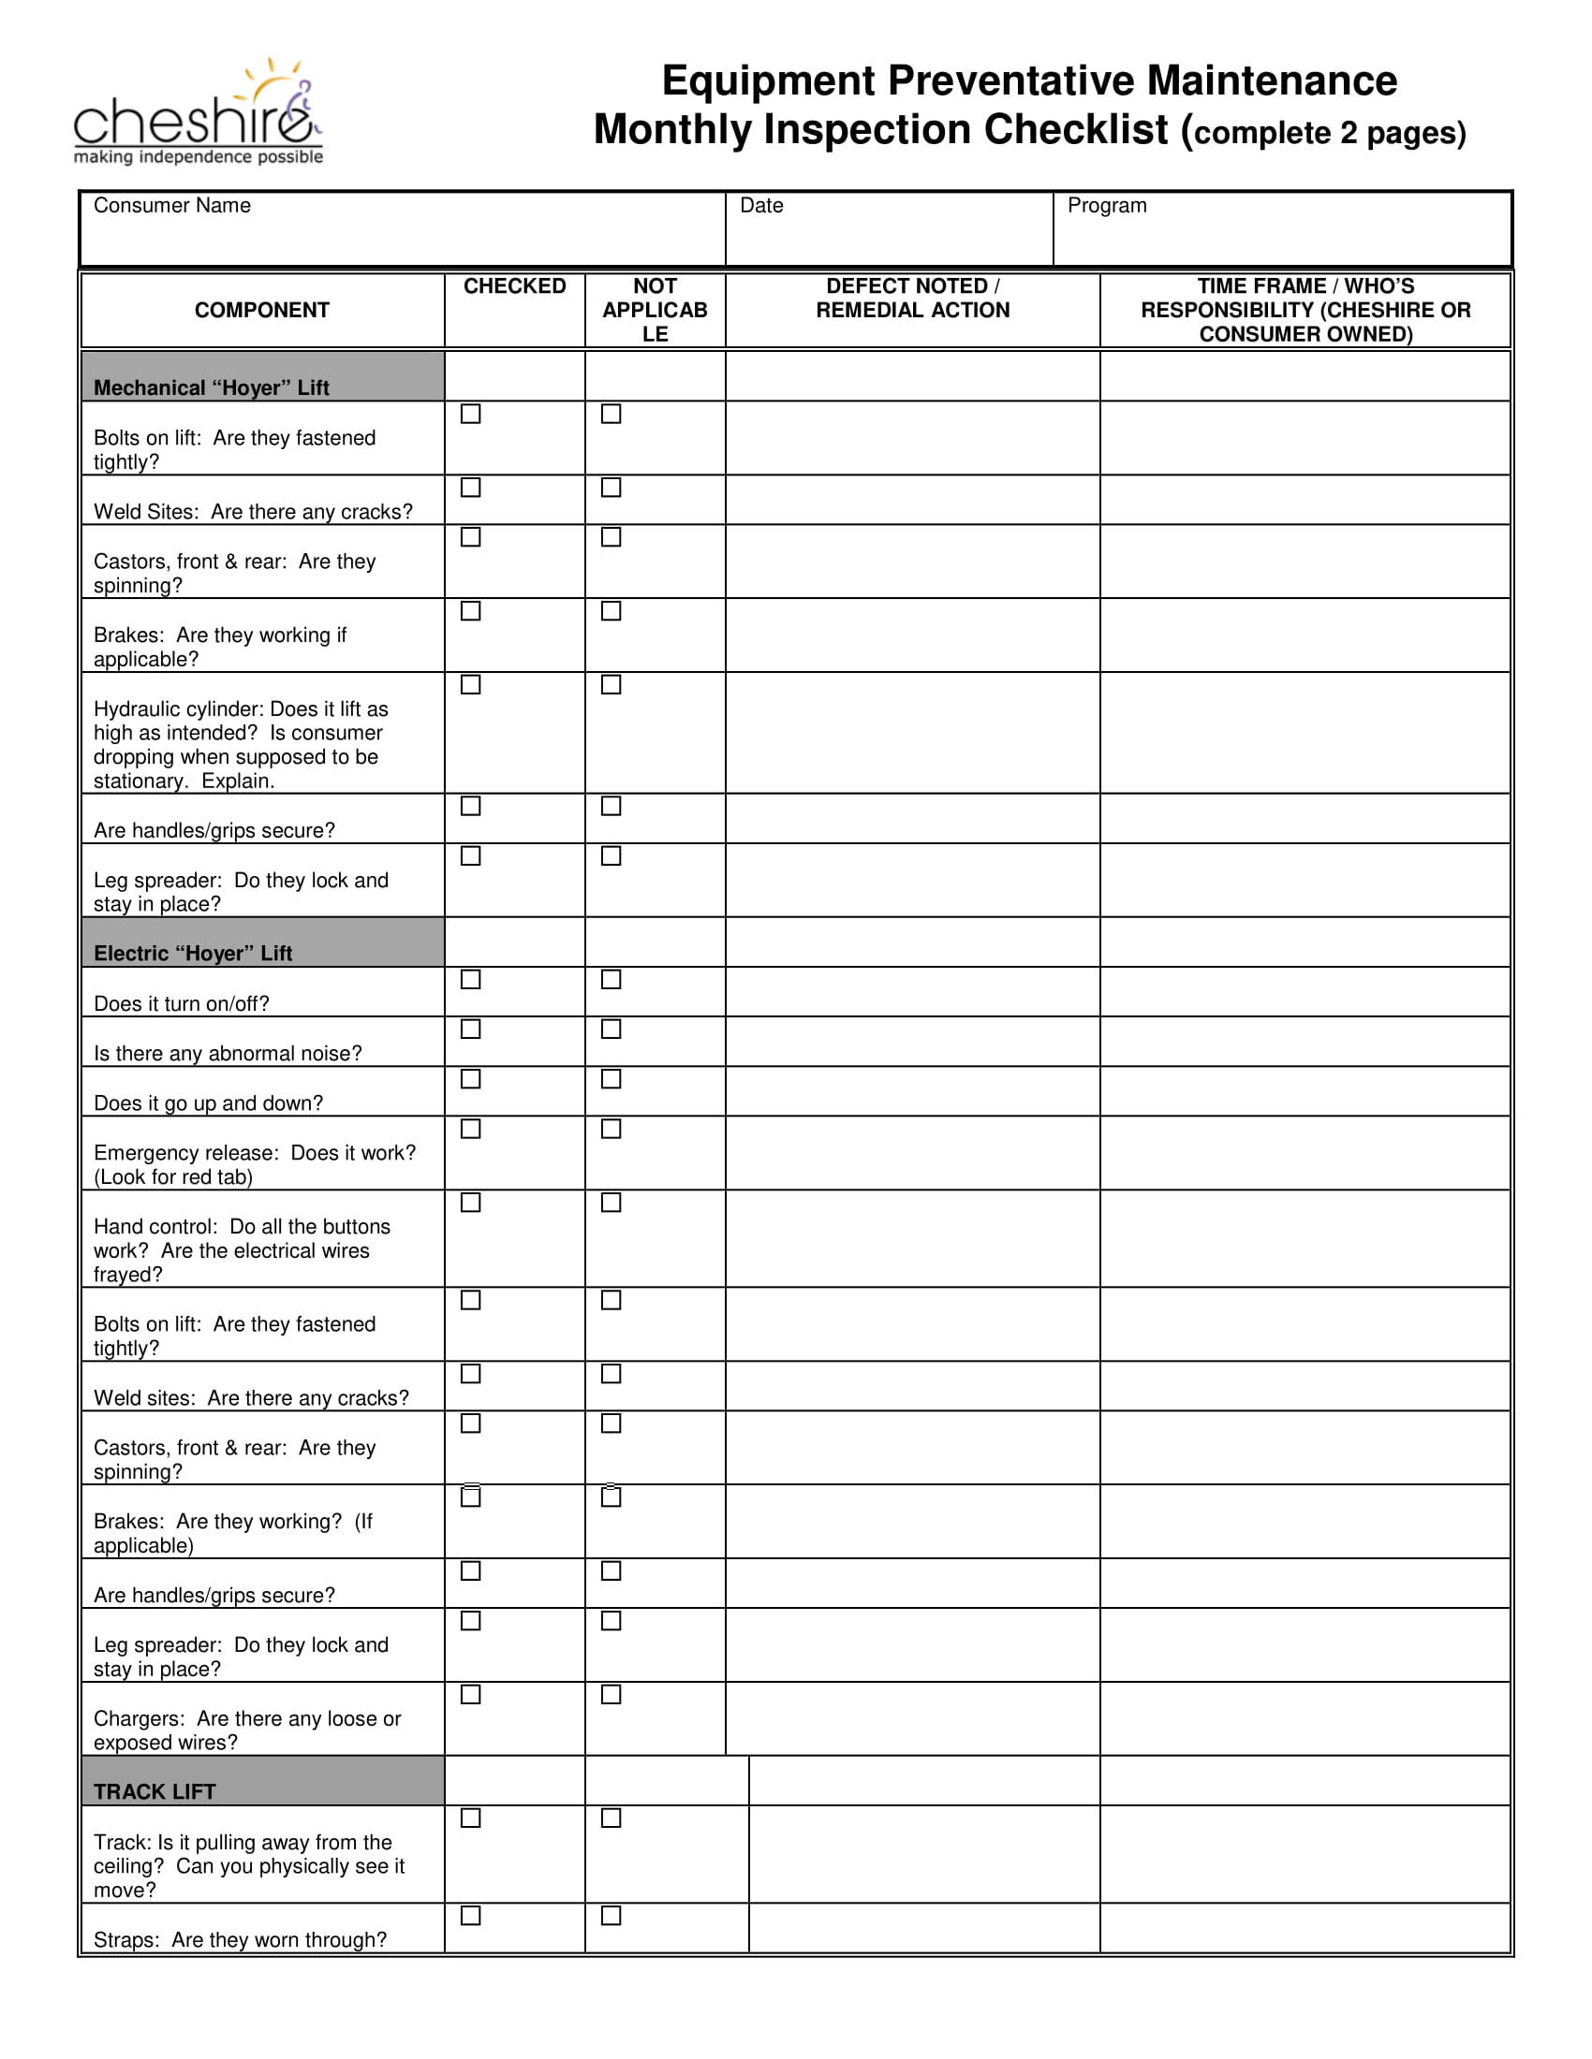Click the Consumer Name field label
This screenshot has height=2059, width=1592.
click(x=171, y=206)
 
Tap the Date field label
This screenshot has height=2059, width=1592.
click(x=761, y=206)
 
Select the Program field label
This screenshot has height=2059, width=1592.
click(x=1106, y=206)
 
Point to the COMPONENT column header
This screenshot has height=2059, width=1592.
click(x=261, y=310)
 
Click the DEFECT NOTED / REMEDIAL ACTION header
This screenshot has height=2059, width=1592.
click(x=912, y=298)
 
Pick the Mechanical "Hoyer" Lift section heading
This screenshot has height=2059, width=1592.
click(x=212, y=387)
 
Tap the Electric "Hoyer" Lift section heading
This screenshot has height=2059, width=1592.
click(x=192, y=953)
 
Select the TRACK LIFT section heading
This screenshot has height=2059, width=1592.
click(x=155, y=1791)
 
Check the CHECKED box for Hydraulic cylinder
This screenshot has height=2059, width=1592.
click(x=471, y=684)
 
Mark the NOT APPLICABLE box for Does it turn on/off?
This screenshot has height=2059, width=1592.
click(x=612, y=980)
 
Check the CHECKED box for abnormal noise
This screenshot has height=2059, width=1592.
click(x=471, y=1029)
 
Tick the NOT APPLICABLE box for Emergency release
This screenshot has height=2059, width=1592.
click(x=612, y=1129)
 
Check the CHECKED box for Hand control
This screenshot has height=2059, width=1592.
click(x=471, y=1202)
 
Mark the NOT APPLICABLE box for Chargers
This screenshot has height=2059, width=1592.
click(x=612, y=1694)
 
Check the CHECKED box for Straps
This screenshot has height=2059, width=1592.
click(x=471, y=1915)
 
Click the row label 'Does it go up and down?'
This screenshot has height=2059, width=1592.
click(x=208, y=1103)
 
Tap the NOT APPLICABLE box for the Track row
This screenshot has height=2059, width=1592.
click(x=612, y=1818)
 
